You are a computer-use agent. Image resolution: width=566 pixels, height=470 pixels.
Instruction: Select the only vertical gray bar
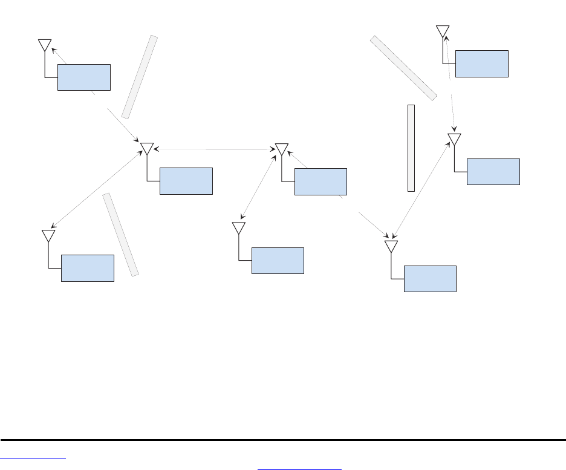[411, 148]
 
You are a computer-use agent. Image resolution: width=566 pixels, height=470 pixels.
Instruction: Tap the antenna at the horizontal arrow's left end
[147, 149]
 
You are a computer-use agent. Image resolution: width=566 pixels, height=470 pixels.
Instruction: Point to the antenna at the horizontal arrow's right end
[281, 149]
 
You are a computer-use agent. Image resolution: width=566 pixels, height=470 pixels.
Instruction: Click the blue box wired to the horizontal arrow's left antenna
[186, 181]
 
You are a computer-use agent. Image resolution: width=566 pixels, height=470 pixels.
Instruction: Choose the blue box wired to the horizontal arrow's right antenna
[320, 181]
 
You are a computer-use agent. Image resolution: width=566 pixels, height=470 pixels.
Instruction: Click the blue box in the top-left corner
[84, 77]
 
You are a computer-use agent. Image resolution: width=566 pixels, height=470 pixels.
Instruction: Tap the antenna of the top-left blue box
[45, 45]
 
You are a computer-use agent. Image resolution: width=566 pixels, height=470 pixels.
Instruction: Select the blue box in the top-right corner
[482, 64]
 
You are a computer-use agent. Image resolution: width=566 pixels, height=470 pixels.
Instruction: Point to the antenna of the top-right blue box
[443, 31]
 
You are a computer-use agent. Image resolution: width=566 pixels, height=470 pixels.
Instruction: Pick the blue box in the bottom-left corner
[88, 268]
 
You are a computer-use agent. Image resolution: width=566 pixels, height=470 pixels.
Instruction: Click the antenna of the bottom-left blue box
[48, 235]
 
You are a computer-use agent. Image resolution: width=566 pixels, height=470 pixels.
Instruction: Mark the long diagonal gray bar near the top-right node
[403, 67]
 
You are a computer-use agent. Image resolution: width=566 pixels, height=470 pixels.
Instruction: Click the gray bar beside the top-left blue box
[140, 77]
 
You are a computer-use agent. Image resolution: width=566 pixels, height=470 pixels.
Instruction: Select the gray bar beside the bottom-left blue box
[121, 235]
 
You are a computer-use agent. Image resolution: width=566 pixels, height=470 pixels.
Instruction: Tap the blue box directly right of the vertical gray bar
[493, 171]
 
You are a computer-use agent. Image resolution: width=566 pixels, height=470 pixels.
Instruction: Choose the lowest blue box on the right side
[430, 278]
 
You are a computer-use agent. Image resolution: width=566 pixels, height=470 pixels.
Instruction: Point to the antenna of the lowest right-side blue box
[391, 246]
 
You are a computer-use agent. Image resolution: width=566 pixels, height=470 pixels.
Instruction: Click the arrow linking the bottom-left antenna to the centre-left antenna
[97, 189]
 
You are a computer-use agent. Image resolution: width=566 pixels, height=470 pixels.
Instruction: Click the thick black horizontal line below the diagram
[283, 440]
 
